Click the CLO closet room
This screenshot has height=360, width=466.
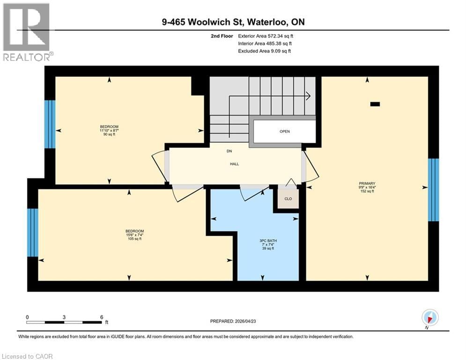coord(288,199)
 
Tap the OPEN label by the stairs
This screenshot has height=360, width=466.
coord(285,132)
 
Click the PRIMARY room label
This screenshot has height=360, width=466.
coord(367,183)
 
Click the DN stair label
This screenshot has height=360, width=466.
coord(229,151)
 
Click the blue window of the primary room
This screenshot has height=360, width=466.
coord(434,190)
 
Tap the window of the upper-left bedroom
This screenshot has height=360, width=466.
coord(50,124)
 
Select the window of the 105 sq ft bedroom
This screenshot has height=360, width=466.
coord(32,232)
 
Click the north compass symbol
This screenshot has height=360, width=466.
coord(429,318)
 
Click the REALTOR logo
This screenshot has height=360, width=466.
coord(27,32)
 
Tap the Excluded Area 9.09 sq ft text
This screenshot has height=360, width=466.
coord(264,51)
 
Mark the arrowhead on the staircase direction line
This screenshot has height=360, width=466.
coord(308,96)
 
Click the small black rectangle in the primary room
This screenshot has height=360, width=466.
coord(375,105)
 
